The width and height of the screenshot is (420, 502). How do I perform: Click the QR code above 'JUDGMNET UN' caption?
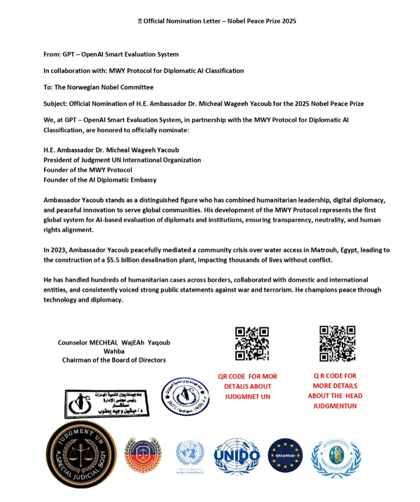[252, 343]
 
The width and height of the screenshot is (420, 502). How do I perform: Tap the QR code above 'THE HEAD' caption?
[337, 343]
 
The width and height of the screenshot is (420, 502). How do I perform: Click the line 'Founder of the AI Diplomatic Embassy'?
[100, 180]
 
